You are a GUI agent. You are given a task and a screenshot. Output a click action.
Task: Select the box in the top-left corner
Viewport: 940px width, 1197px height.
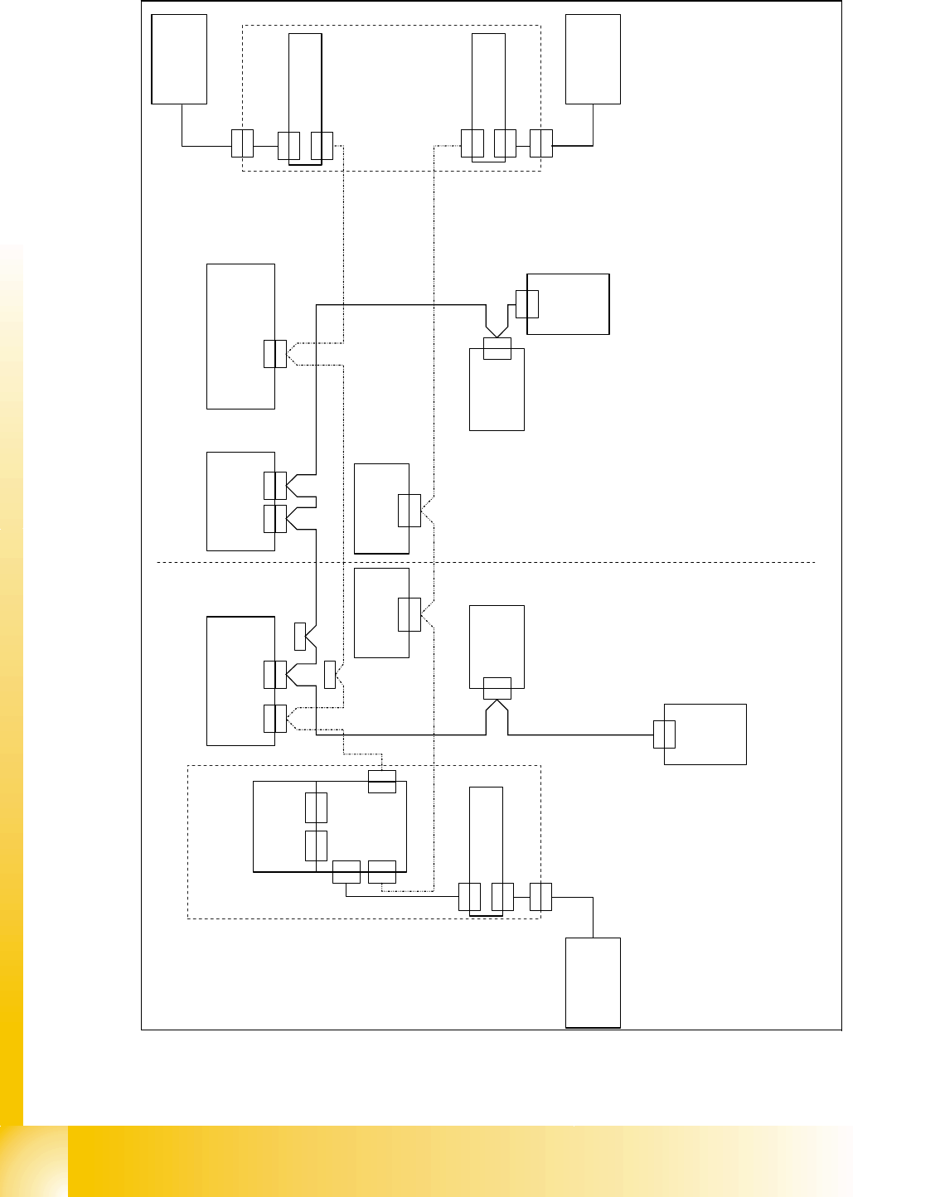point(179,59)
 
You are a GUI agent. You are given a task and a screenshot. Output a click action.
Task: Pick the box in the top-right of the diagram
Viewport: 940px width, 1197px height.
point(593,59)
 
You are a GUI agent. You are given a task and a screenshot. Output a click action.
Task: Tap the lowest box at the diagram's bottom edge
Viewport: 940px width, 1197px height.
point(593,982)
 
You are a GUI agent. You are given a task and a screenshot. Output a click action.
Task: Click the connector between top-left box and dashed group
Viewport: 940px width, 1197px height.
point(242,144)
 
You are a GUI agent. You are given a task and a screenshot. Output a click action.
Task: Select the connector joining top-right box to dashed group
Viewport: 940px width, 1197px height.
point(540,144)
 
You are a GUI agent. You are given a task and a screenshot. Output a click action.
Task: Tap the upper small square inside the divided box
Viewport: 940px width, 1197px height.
point(316,807)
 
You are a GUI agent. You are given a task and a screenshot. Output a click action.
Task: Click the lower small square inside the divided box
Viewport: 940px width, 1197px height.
point(316,845)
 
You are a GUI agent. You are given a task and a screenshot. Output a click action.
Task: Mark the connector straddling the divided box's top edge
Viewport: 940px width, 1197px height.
point(382,781)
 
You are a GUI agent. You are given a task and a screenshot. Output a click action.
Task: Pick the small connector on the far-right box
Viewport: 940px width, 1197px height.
point(664,734)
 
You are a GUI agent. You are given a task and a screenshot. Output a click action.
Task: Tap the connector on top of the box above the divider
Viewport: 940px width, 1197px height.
point(497,349)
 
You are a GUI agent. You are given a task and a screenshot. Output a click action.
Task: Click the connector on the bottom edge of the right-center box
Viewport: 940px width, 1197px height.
point(497,688)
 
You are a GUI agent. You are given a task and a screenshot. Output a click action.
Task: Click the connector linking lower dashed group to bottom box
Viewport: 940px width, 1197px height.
point(540,897)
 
